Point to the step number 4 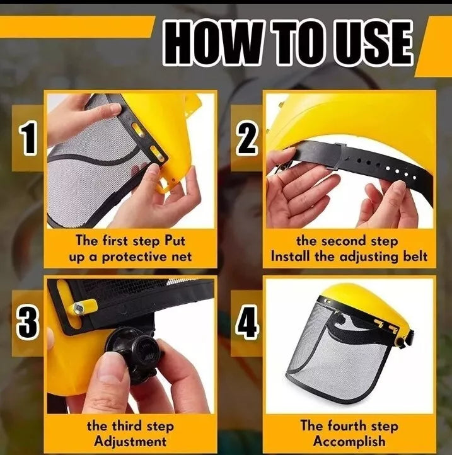click(x=247, y=323)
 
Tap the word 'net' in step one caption click(x=178, y=256)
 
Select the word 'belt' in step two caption click(x=414, y=256)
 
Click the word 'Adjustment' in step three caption click(x=130, y=441)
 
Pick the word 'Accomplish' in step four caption click(x=349, y=441)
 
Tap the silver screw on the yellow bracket click(x=80, y=308)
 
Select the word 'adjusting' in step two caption click(x=364, y=256)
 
